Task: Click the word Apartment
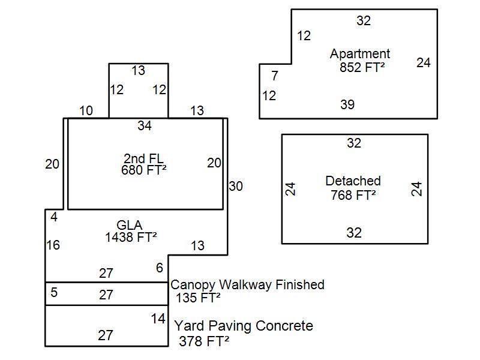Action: point(360,54)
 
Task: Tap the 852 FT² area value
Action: point(362,67)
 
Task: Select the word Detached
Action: point(353,181)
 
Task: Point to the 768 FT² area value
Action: point(353,194)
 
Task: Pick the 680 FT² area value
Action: point(143,170)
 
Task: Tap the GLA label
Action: point(130,225)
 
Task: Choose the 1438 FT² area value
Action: point(131,237)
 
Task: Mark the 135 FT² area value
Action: point(198,298)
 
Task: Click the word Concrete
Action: point(284,326)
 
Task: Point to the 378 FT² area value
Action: point(205,341)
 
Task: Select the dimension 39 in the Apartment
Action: point(347,105)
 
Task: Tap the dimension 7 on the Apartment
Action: point(275,76)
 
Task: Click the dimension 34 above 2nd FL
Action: point(145,126)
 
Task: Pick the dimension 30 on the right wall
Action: point(236,187)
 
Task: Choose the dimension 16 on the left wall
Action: point(53,245)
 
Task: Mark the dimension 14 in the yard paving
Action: point(158,319)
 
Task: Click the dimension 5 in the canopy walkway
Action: point(54,293)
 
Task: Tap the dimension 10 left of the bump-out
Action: point(86,110)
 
